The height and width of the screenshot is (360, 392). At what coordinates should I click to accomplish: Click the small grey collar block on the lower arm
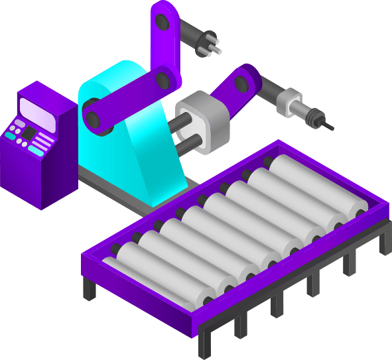[x=288, y=102]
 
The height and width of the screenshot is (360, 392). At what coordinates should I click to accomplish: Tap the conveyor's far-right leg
[x=384, y=241]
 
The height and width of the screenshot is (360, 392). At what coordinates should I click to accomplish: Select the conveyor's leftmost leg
[x=88, y=289]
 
